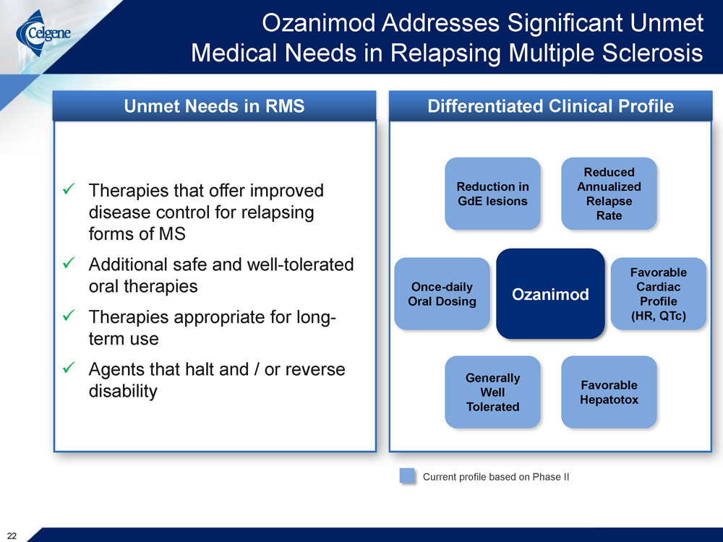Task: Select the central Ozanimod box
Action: (550, 293)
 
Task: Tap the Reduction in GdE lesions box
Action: (492, 194)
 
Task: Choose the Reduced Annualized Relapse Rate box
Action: (609, 194)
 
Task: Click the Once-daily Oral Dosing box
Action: (442, 293)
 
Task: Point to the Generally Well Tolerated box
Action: (492, 392)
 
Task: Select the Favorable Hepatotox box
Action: (609, 392)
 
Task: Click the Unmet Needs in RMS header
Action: (214, 106)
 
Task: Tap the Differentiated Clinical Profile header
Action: (550, 106)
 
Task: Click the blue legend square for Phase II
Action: (408, 476)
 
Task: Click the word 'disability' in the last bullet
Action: (122, 391)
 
